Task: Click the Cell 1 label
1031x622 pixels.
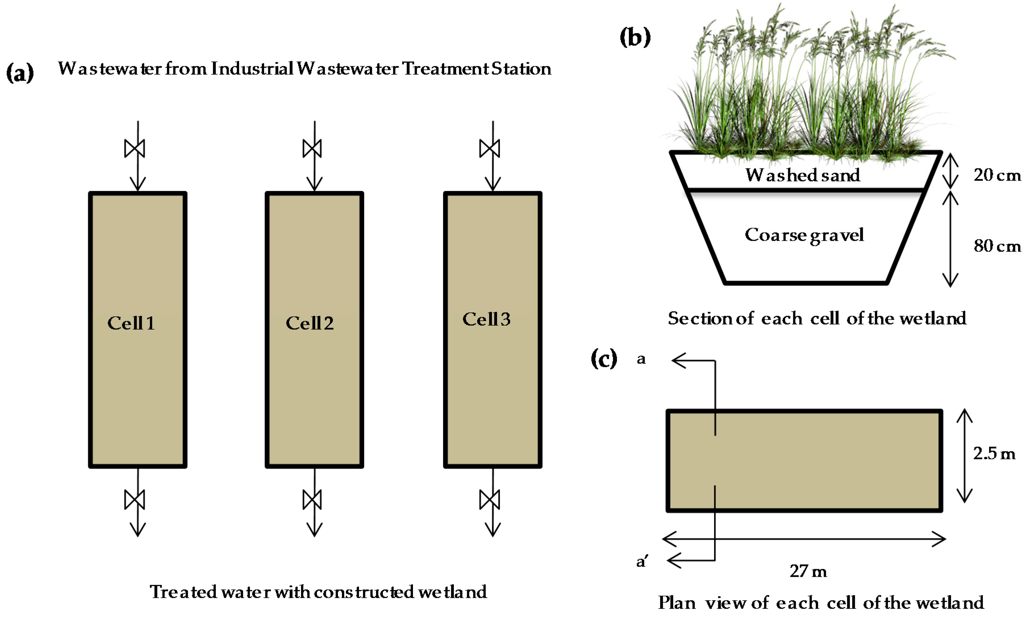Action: tap(131, 323)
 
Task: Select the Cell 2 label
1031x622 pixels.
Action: tap(310, 323)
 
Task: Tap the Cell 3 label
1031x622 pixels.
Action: tap(486, 319)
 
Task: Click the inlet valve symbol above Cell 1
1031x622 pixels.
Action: tap(135, 149)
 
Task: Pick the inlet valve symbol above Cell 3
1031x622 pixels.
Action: tap(490, 149)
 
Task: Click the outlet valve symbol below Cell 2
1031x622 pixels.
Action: tap(312, 500)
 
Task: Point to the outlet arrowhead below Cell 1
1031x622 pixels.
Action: tap(138, 530)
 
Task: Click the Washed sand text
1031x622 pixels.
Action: tap(803, 175)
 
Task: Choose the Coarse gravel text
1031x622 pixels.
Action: tap(804, 235)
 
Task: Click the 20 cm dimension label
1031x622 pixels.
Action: tap(997, 175)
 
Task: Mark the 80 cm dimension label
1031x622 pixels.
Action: tap(997, 246)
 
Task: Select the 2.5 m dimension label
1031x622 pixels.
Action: tap(994, 453)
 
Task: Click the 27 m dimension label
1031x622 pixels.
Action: tap(808, 571)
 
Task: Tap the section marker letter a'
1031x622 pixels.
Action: tap(642, 561)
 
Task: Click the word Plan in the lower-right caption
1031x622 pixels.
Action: tap(677, 603)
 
